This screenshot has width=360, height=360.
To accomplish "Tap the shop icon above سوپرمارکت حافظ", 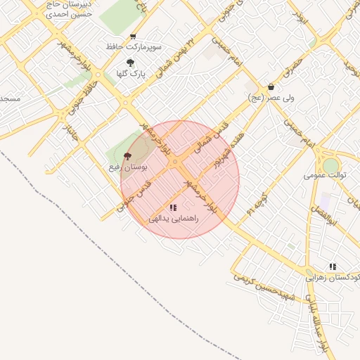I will [134, 37].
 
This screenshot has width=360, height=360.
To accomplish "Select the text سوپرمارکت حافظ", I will [134, 46].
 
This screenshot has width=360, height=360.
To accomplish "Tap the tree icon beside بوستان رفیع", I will [127, 157].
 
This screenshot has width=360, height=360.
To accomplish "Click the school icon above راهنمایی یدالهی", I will [173, 207].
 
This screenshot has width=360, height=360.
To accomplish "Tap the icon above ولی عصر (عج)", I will [271, 88].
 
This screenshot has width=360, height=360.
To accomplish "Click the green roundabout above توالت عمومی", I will [330, 164].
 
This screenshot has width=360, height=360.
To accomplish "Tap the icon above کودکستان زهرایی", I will [333, 266].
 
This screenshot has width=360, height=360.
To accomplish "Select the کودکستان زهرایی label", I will [333, 278].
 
